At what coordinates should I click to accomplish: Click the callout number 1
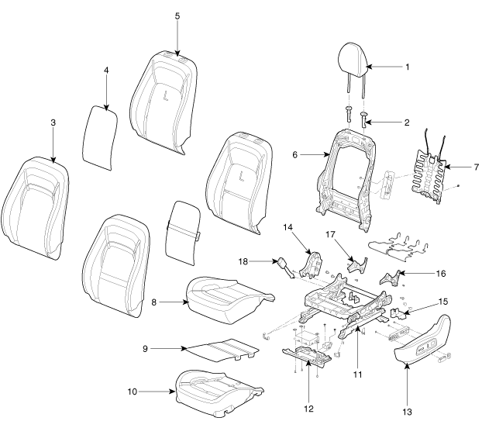point(406,67)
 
